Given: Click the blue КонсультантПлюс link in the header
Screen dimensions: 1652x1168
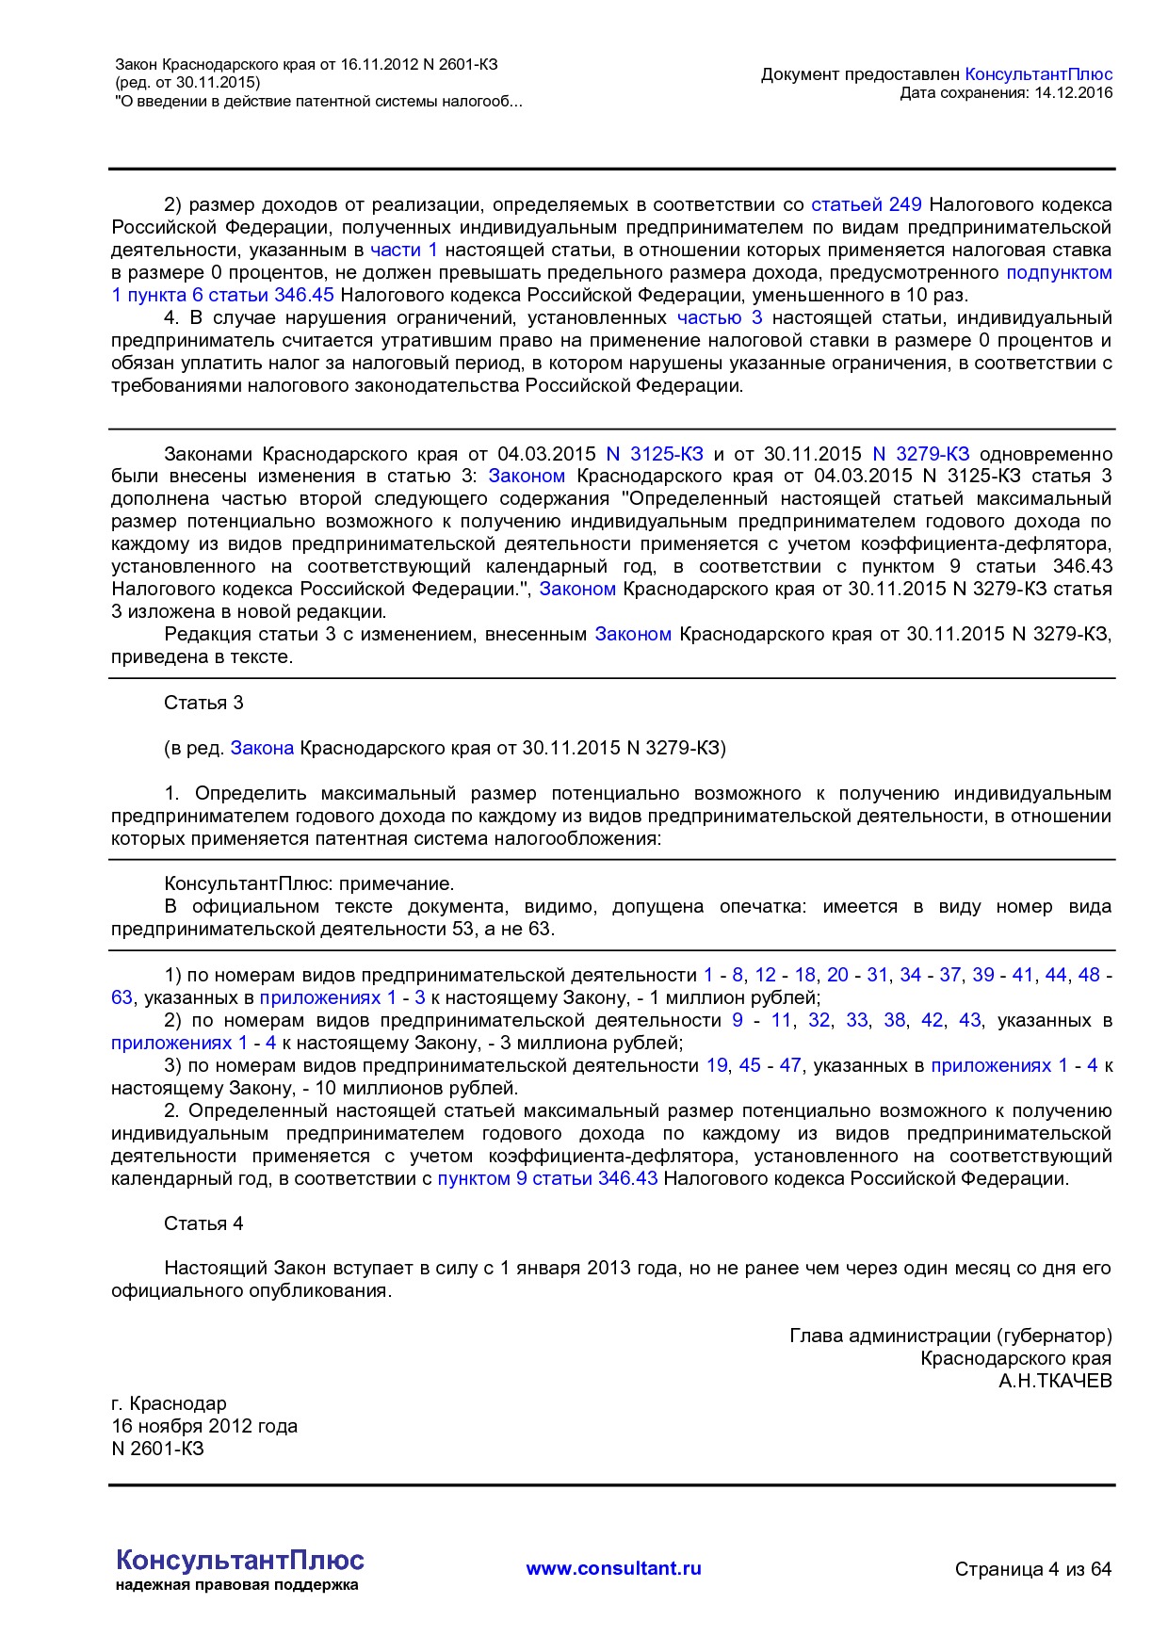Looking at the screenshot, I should tap(1039, 74).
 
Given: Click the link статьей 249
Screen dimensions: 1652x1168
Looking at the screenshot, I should tap(866, 204).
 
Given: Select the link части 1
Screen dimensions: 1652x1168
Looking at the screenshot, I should tap(403, 250).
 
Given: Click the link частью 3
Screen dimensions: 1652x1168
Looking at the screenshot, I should tap(720, 317).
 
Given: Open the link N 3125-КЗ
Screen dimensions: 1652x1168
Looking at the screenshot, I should tap(655, 454).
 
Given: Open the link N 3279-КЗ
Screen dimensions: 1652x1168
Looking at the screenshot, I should tap(920, 454).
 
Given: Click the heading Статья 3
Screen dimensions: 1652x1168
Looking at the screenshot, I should tap(203, 703).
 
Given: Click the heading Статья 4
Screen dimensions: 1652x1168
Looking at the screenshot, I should tap(203, 1223).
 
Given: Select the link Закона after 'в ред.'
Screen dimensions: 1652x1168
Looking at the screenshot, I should tap(262, 748).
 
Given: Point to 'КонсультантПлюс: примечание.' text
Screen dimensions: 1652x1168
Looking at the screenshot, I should tap(309, 883).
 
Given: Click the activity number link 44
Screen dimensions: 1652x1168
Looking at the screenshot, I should tap(1056, 975).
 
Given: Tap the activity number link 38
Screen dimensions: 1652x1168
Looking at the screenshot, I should tap(894, 1020).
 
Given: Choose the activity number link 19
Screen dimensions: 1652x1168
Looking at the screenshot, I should tap(717, 1065).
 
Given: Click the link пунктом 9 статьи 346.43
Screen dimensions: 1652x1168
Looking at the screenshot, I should tap(547, 1178).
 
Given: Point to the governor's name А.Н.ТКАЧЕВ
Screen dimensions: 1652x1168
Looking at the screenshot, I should tap(1055, 1381).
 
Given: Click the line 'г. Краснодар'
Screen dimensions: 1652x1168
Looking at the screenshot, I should tap(169, 1403).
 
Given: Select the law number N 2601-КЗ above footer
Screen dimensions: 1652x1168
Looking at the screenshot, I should tap(157, 1449).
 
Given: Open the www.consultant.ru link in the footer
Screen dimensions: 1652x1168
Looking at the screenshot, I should tap(613, 1568).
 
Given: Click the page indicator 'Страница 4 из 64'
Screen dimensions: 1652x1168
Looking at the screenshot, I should tap(1032, 1569).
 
